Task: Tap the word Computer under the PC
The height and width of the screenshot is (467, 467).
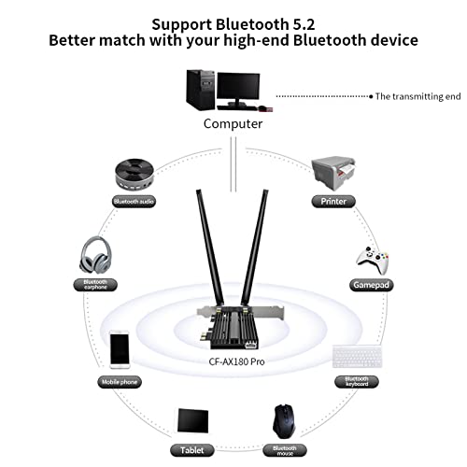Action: [x=233, y=123]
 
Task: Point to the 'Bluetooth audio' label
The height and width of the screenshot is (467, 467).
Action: [x=134, y=201]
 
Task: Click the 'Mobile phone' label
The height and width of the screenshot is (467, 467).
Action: [x=120, y=382]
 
